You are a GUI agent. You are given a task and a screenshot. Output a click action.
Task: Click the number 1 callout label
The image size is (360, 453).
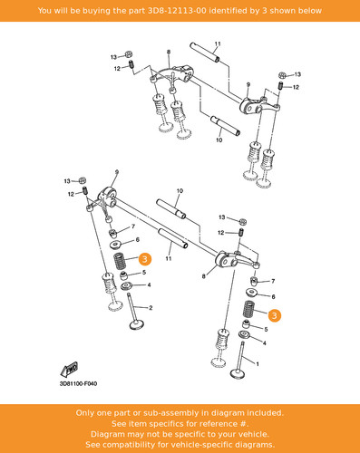pyautogui.click(x=258, y=364)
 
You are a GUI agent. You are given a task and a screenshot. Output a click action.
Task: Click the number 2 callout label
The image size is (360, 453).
pyautogui.click(x=151, y=308)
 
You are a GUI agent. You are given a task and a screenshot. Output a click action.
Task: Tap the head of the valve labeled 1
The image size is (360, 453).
pyautogui.click(x=238, y=373)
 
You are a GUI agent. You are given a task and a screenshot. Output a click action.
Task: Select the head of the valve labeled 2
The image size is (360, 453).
pyautogui.click(x=137, y=324)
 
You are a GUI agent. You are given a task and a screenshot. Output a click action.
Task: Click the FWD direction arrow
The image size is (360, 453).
pyautogui.click(x=69, y=369)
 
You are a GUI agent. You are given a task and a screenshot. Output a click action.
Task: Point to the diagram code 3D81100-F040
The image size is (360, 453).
pyautogui.click(x=78, y=384)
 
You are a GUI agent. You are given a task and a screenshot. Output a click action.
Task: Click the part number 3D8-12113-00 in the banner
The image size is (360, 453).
pyautogui.click(x=177, y=11)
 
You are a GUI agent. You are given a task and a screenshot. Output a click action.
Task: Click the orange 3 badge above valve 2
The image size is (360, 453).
pyautogui.click(x=145, y=259)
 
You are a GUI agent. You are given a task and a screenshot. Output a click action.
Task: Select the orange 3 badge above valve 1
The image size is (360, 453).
pyautogui.click(x=275, y=315)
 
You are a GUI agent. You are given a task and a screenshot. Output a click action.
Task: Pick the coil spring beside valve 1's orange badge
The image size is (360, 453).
pyautogui.click(x=249, y=309)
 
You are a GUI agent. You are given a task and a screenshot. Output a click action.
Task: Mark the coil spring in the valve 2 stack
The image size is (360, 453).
pyautogui.click(x=119, y=261)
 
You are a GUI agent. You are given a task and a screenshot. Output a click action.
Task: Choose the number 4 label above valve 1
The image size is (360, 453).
pyautogui.click(x=265, y=343)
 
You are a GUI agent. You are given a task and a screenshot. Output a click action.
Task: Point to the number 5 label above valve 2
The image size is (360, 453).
pyautogui.click(x=144, y=272)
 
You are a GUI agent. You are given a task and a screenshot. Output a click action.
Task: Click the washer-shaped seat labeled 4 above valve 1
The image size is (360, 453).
pyautogui.click(x=245, y=335)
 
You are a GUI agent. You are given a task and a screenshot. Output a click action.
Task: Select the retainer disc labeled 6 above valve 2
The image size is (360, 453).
pyautogui.click(x=116, y=245)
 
